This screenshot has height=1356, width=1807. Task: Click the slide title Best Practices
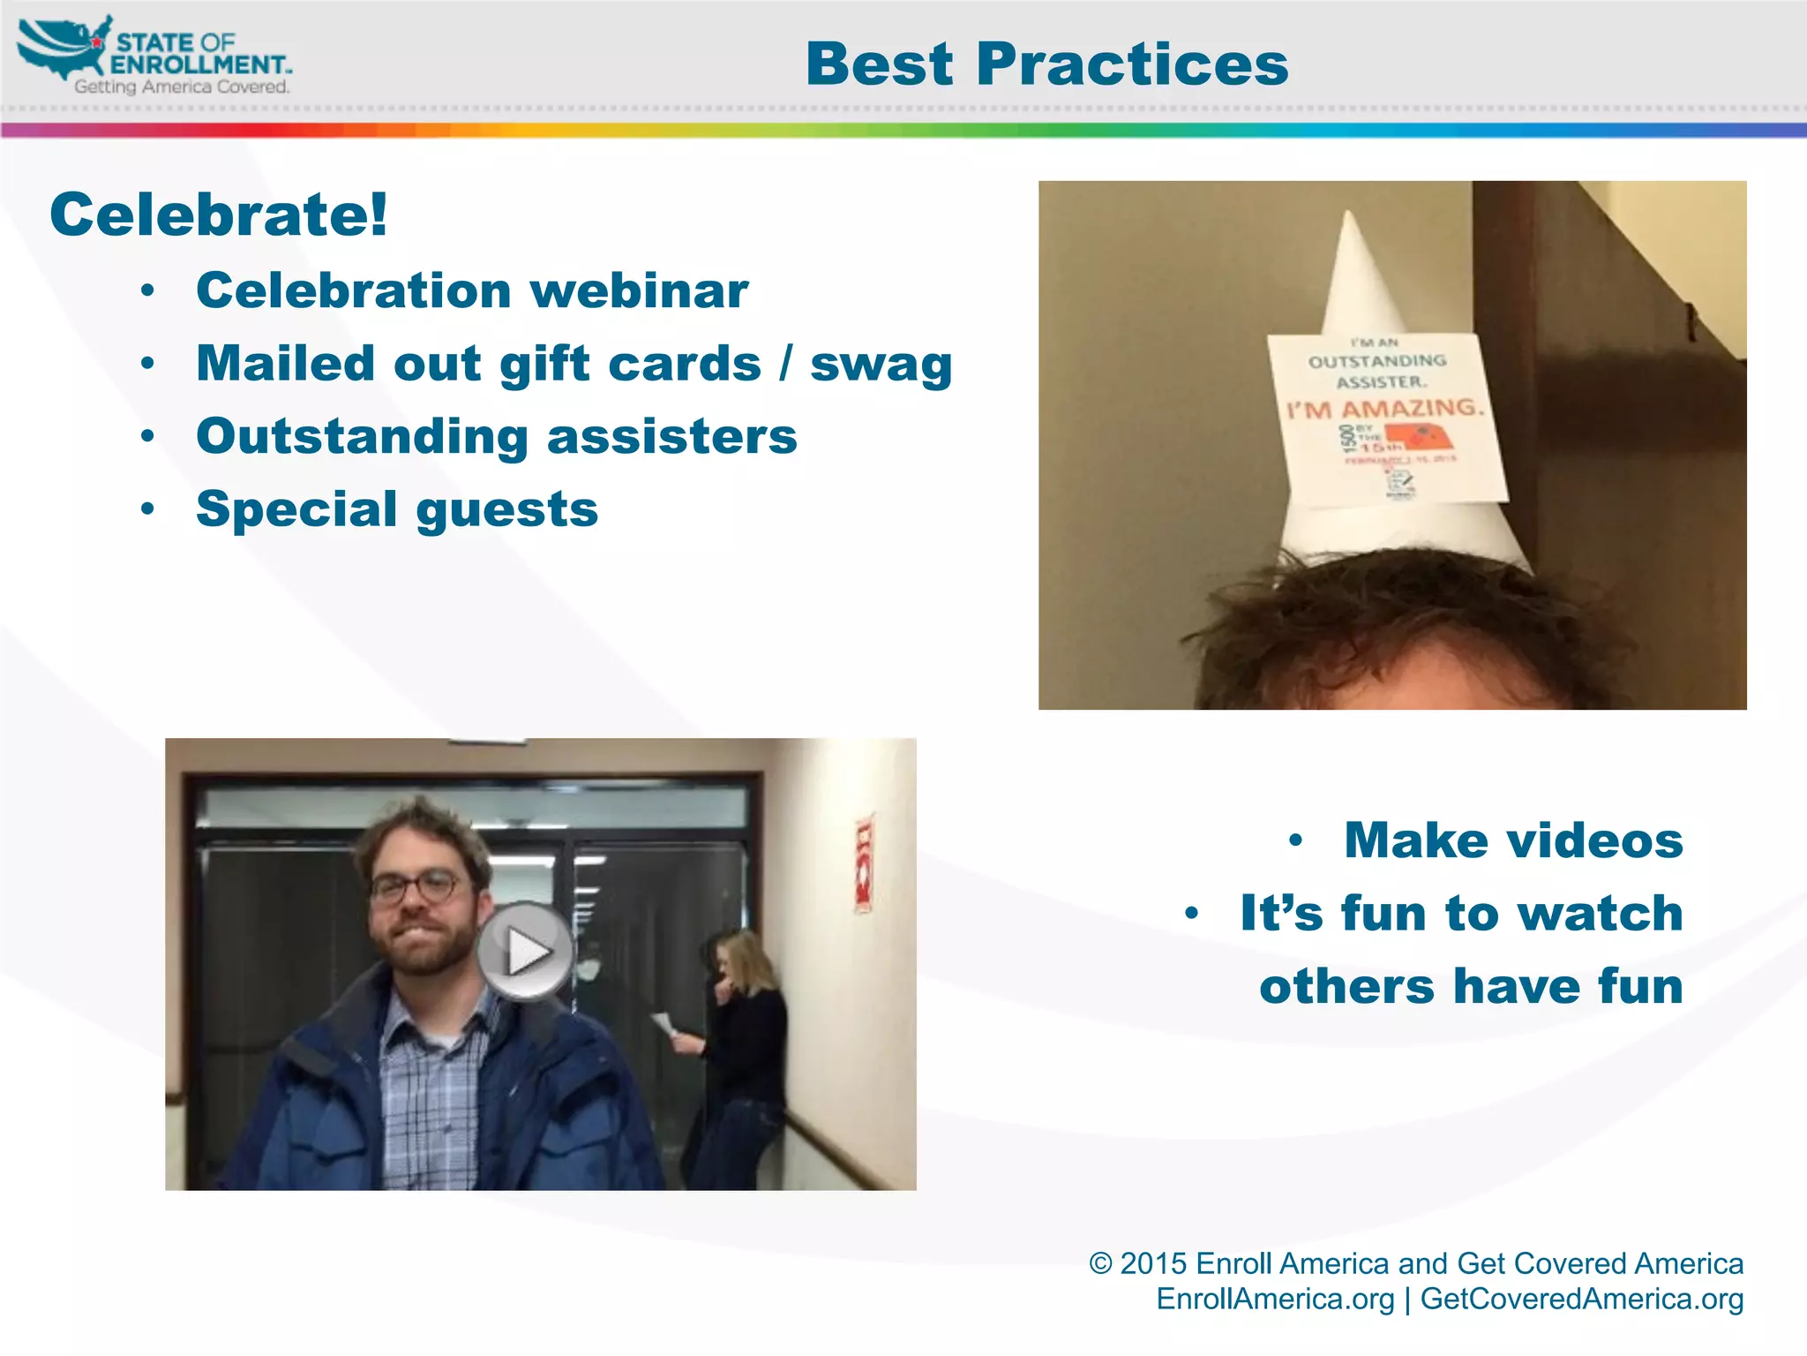(x=1046, y=65)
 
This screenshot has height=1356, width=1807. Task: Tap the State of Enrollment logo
(x=154, y=55)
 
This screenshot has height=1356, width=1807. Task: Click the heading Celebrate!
(x=219, y=215)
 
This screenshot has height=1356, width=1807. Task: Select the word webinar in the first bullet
(x=640, y=290)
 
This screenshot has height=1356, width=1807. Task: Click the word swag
(x=881, y=364)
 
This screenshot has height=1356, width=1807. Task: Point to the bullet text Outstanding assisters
(x=497, y=436)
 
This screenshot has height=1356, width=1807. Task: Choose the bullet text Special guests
(x=397, y=509)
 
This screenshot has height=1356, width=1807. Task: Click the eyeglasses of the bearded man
(x=415, y=886)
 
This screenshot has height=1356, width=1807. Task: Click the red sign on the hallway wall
(x=864, y=865)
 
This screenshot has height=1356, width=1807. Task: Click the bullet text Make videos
(x=1513, y=840)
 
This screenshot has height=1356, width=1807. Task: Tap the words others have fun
(x=1471, y=986)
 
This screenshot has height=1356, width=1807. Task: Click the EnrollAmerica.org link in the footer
(x=1275, y=1299)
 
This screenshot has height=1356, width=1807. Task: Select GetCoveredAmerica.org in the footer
(x=1581, y=1299)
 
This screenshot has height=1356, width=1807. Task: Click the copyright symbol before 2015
(x=1099, y=1264)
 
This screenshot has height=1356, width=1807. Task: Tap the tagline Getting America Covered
(x=182, y=87)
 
